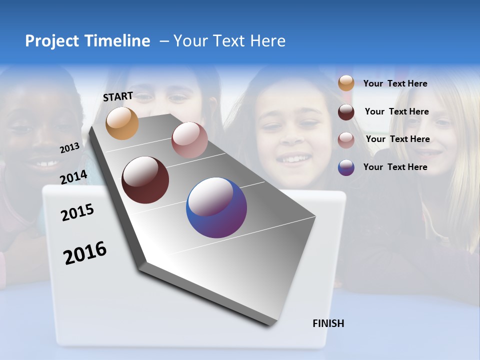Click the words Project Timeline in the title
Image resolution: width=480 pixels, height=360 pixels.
(87, 41)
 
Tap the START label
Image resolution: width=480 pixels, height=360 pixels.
(118, 96)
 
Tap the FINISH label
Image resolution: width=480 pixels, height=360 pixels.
(328, 323)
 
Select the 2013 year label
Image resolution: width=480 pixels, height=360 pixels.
(69, 147)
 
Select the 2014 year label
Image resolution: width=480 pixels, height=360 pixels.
(73, 177)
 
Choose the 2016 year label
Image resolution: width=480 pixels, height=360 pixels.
(85, 253)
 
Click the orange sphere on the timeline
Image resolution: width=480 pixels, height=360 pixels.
(122, 123)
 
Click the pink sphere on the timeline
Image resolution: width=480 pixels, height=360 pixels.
(189, 140)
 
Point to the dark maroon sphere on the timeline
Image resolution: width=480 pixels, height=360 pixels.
(145, 180)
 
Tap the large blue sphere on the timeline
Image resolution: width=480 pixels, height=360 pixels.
(216, 207)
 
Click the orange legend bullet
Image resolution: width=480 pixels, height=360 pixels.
(346, 83)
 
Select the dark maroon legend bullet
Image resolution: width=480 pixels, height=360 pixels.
(346, 112)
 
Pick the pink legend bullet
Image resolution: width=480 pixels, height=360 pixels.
(346, 140)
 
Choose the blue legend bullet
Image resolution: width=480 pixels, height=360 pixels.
(346, 167)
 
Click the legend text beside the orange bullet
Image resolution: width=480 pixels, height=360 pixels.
(395, 83)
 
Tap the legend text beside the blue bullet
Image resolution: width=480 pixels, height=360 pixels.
(395, 167)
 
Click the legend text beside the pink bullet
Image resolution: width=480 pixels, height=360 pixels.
(397, 139)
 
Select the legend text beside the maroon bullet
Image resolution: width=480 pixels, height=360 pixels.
(396, 111)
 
